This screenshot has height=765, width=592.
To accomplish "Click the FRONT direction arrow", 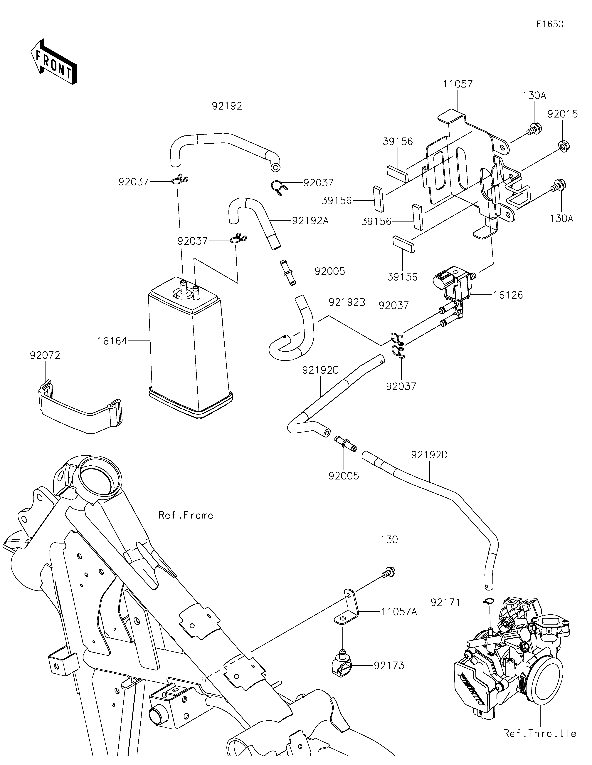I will point(53,62).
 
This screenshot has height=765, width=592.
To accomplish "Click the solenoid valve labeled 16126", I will point(452,287).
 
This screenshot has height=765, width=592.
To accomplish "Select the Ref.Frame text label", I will point(186,515).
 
